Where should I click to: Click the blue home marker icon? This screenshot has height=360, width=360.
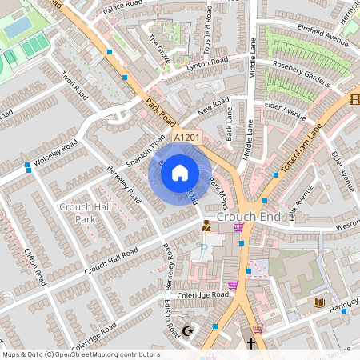click(x=180, y=172)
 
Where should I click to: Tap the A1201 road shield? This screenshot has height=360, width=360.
click(x=186, y=138)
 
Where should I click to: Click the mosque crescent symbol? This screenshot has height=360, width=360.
click(x=190, y=330)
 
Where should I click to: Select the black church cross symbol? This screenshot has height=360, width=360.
click(x=251, y=343)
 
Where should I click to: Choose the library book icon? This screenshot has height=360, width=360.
click(x=318, y=302)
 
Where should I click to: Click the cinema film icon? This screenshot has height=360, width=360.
click(x=354, y=99)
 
